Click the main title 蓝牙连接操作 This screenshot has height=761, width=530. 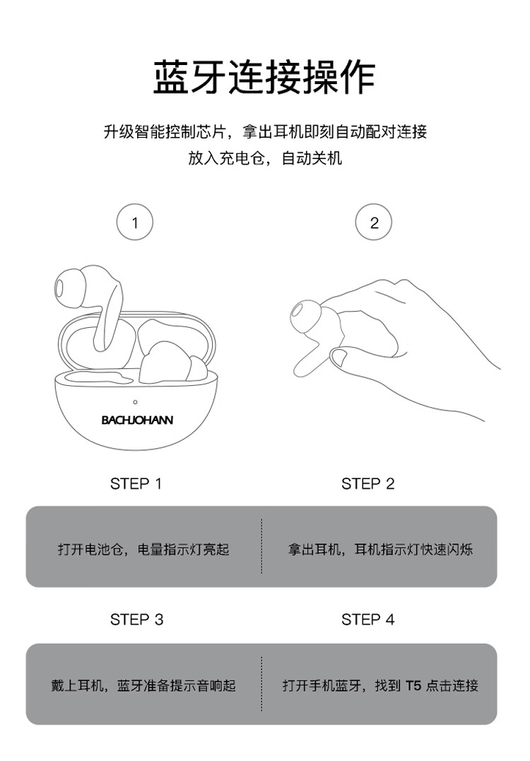click(264, 78)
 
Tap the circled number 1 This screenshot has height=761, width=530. click(135, 223)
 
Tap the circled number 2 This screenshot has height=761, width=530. click(374, 223)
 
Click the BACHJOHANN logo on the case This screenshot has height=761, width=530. click(137, 420)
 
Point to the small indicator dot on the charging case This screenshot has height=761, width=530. click(135, 402)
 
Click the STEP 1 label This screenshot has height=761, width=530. click(136, 484)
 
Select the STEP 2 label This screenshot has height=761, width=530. click(368, 484)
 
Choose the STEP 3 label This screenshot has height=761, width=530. click(137, 620)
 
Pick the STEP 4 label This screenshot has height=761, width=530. click(368, 620)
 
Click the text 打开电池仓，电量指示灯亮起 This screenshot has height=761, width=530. click(143, 550)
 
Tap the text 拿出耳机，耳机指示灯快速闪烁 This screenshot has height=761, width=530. click(380, 550)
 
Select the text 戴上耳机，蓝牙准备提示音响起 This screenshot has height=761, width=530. click(143, 685)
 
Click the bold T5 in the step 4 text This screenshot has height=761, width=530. click(413, 685)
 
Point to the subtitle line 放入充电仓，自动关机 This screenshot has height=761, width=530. click(265, 158)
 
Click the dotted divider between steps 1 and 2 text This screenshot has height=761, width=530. click(261, 546)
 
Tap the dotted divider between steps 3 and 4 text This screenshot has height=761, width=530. click(261, 684)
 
